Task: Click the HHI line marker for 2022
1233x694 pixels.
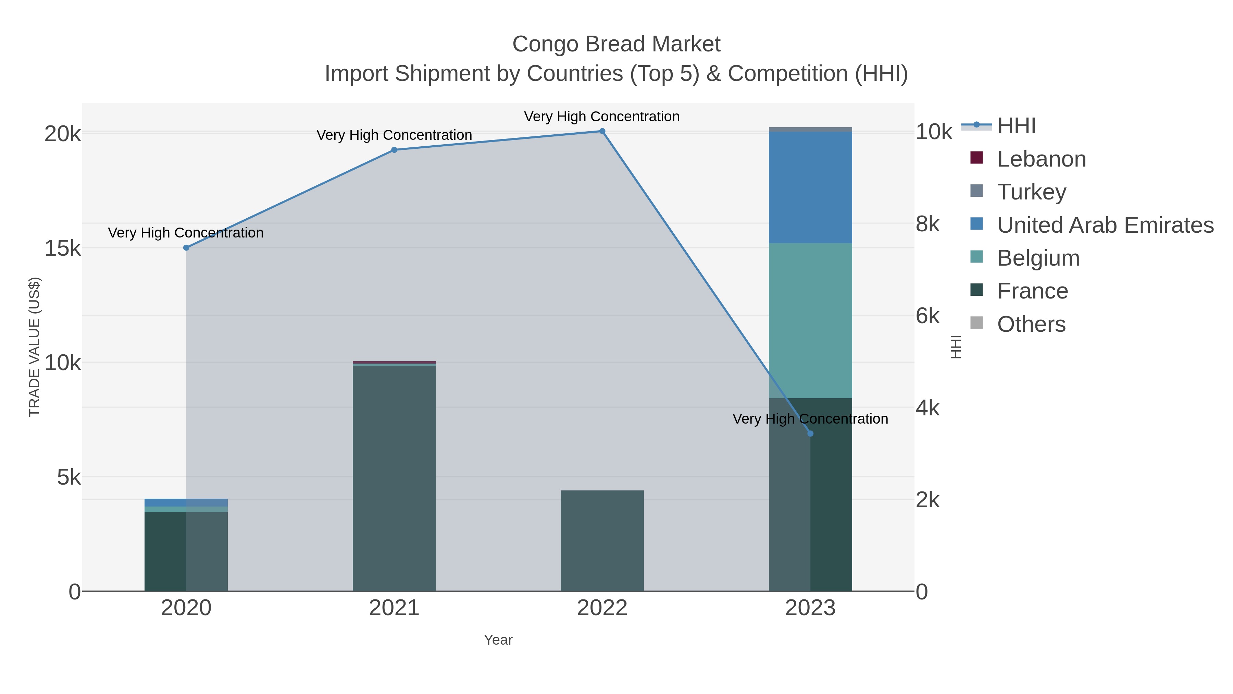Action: tap(602, 131)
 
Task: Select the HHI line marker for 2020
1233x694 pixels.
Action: tap(186, 248)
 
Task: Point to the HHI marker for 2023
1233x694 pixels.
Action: tap(810, 434)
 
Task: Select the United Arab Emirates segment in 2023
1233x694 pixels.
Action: tap(810, 187)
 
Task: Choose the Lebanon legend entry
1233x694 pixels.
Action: tap(1041, 159)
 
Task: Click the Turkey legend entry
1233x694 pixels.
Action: tap(1032, 192)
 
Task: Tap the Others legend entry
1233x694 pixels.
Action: tap(1031, 324)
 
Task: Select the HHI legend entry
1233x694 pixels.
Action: tap(1016, 126)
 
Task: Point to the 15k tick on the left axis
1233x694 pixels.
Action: tap(63, 248)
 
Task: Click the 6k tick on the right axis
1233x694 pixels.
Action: tap(927, 316)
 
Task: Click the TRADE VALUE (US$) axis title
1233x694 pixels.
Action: tap(35, 347)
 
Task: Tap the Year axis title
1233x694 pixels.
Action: tap(498, 640)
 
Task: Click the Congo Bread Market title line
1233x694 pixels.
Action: tap(616, 44)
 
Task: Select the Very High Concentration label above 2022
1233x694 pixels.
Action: tap(602, 117)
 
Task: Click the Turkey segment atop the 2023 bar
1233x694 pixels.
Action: tap(810, 129)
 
